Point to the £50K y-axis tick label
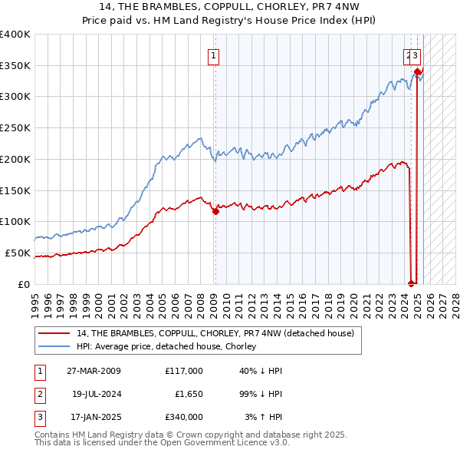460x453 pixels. [17, 253]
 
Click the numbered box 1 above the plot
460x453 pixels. [213, 55]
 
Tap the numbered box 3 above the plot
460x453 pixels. [415, 55]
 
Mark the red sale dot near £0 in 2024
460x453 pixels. [412, 283]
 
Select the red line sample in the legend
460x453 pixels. [54, 333]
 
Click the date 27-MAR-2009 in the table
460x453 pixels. [94, 371]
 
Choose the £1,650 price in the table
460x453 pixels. [186, 394]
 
